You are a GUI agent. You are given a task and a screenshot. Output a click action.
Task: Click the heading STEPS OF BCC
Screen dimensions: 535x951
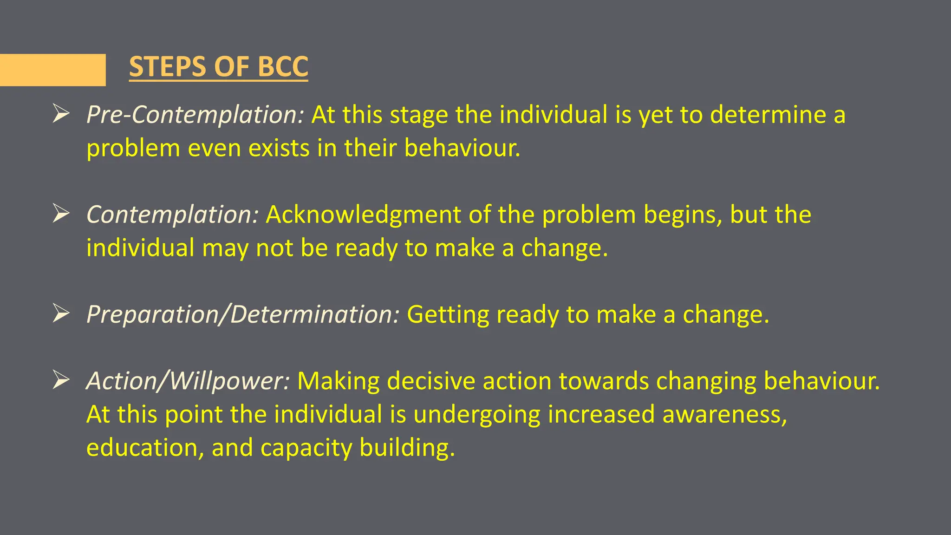tap(218, 66)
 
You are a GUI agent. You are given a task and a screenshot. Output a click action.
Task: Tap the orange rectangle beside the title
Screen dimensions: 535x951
tap(52, 70)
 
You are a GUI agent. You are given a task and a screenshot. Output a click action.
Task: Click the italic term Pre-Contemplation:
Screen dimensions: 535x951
tap(195, 115)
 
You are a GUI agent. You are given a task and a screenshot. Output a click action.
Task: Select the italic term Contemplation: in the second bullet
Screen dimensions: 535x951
tap(172, 215)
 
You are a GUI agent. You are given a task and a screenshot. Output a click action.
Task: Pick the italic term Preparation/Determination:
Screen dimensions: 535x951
tap(243, 314)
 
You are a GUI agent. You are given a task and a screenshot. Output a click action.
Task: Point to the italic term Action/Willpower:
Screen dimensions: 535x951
tap(188, 381)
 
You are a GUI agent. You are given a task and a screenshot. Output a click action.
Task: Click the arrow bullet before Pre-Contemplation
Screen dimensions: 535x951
tap(61, 114)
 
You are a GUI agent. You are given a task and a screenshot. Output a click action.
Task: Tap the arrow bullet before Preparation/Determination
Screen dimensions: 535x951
tap(61, 313)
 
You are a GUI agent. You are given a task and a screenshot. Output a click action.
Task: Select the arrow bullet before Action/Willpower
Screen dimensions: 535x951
tap(61, 380)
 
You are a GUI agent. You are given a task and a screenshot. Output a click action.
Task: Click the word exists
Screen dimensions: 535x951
tap(279, 148)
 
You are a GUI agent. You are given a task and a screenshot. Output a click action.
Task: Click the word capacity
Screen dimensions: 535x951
tap(306, 449)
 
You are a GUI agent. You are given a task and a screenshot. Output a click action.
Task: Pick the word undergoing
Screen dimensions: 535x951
tap(477, 415)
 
